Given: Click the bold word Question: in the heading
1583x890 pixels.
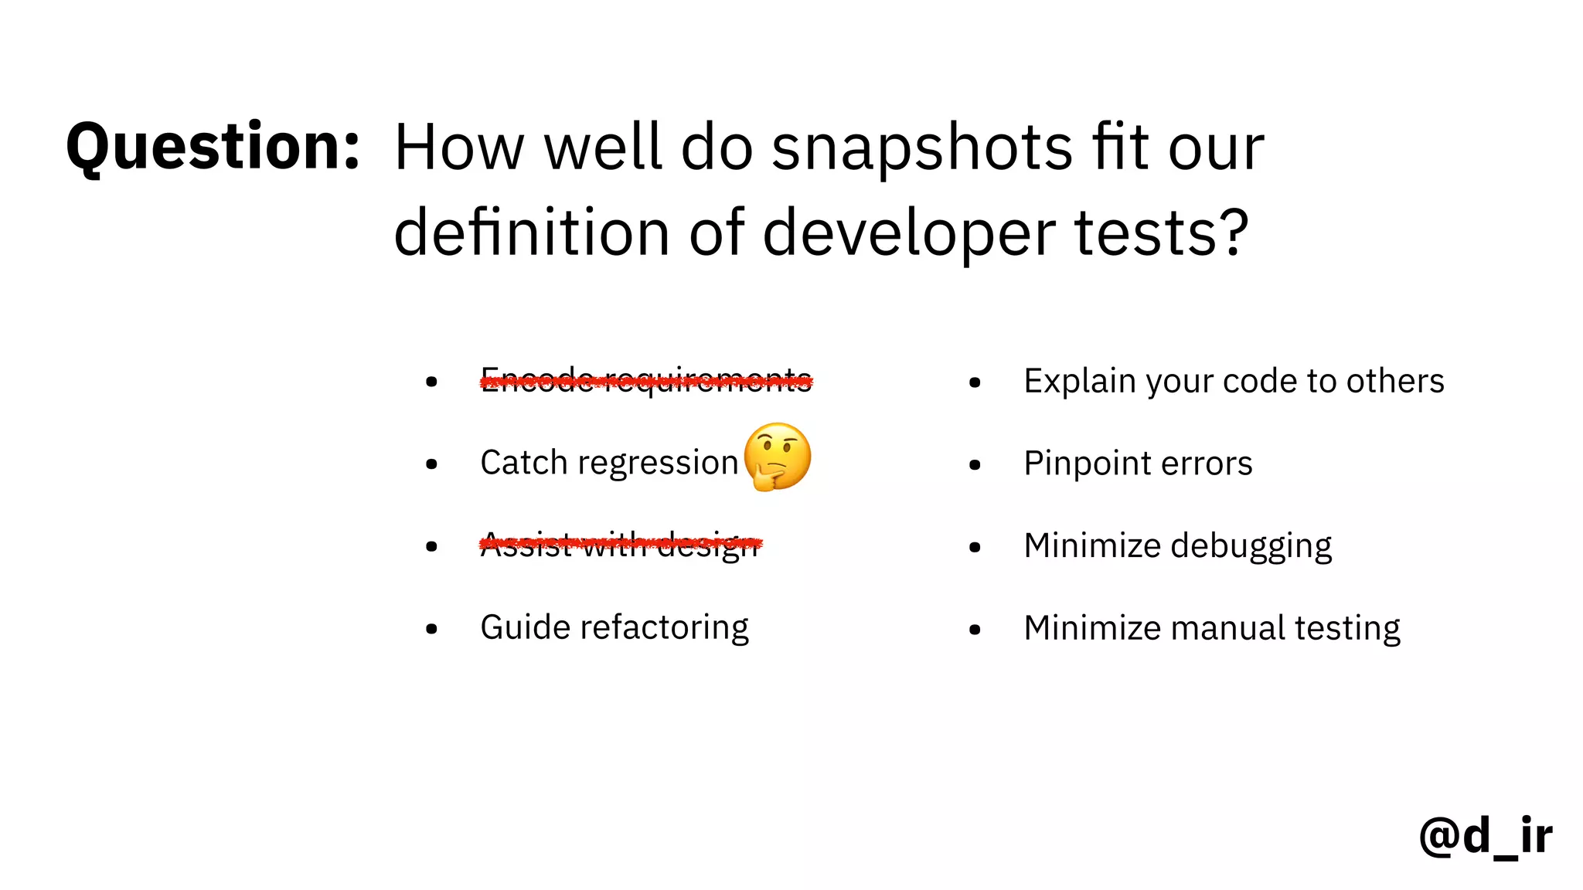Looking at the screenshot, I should coord(213,147).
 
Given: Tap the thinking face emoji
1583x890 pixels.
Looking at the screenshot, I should coord(778,457).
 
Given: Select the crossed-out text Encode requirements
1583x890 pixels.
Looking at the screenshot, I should coord(646,380).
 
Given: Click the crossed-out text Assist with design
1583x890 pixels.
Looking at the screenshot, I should coord(621,545).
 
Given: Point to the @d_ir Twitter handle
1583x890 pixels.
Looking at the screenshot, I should coord(1485,836).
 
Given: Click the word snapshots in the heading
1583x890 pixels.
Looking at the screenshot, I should coord(921,148).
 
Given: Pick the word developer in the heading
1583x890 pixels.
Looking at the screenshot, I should coord(909,233).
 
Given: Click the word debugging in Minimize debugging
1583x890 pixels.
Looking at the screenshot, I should coord(1251,546).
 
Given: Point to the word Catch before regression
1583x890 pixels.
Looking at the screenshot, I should coord(524,463).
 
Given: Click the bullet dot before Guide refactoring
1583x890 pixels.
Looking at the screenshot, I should coord(431,629).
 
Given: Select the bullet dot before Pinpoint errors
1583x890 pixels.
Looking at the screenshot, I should coord(975,464).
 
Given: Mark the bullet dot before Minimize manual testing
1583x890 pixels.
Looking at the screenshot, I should coord(975,630).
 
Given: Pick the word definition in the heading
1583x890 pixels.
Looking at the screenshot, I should coord(532,233).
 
